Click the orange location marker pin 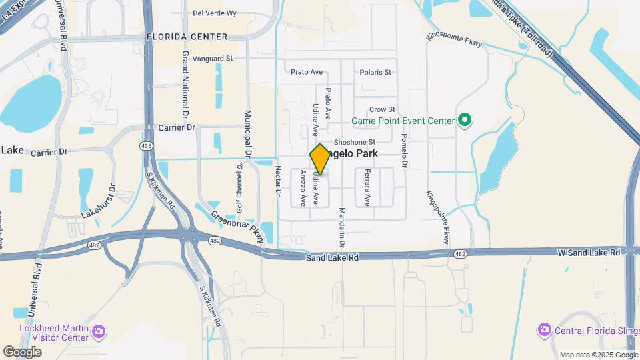[320, 159]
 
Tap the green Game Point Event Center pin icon [465, 121]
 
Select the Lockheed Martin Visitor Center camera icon [99, 331]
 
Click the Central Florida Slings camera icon [545, 329]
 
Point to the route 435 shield [146, 145]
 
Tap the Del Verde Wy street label [215, 13]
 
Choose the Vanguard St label [212, 59]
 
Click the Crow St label [382, 109]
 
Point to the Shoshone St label [355, 142]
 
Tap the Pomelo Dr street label [404, 149]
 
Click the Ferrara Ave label [367, 187]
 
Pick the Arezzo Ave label [303, 188]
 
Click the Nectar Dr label [278, 181]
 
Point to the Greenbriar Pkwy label [237, 227]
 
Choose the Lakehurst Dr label [99, 203]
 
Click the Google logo [22, 351]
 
